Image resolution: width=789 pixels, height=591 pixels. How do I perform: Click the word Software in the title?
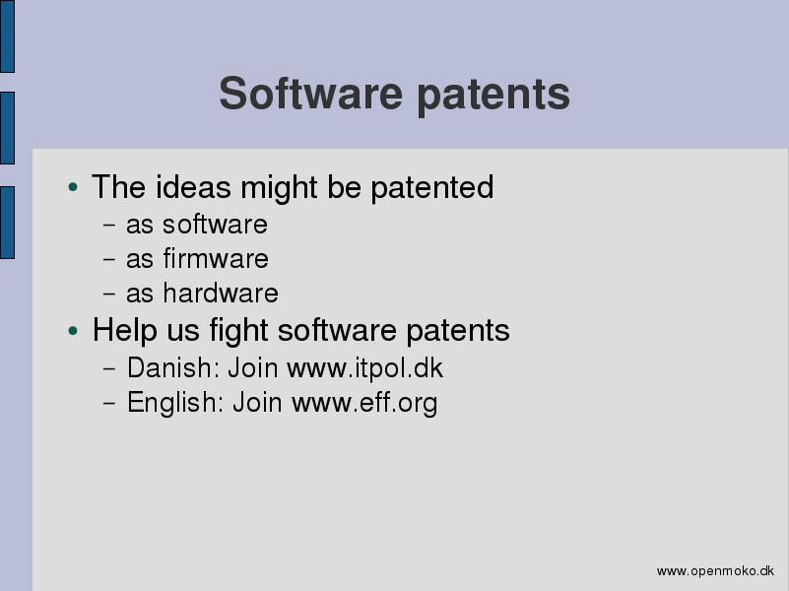pyautogui.click(x=311, y=94)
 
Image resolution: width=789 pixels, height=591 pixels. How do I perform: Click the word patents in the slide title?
pyautogui.click(x=493, y=96)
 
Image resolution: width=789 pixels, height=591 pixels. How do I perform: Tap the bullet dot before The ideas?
pyautogui.click(x=74, y=187)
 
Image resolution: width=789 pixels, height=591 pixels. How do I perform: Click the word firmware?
pyautogui.click(x=216, y=258)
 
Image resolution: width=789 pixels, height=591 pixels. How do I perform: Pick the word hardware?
pyautogui.click(x=221, y=293)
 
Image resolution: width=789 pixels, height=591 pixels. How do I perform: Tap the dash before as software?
pyautogui.click(x=109, y=225)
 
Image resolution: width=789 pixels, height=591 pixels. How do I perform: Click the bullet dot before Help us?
pyautogui.click(x=74, y=331)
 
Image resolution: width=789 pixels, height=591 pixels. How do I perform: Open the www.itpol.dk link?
pyautogui.click(x=364, y=368)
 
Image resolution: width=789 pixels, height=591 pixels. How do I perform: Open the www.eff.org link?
pyautogui.click(x=364, y=403)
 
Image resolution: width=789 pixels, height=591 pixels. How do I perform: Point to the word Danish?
pyautogui.click(x=173, y=367)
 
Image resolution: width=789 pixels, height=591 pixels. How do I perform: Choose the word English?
pyautogui.click(x=175, y=404)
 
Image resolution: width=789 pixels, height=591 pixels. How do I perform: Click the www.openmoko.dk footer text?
pyautogui.click(x=715, y=571)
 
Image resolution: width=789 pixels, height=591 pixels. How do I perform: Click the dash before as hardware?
pyautogui.click(x=109, y=294)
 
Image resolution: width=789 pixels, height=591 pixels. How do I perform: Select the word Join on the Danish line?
pyautogui.click(x=253, y=367)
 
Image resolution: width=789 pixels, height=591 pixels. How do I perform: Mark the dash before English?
pyautogui.click(x=109, y=404)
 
